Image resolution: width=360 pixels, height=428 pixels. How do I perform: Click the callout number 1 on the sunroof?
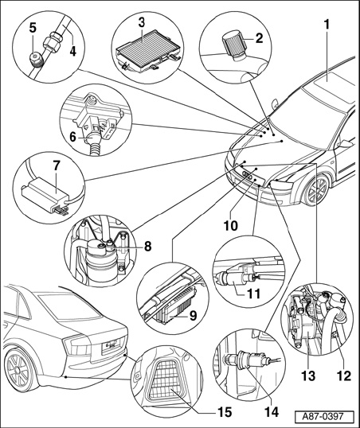(x=327, y=25)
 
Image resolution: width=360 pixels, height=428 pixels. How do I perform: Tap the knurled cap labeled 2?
(x=233, y=45)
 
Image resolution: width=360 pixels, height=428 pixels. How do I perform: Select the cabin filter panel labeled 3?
(x=148, y=49)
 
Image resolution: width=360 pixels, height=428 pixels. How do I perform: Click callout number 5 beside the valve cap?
(x=33, y=29)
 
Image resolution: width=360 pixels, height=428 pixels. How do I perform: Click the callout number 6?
(x=72, y=137)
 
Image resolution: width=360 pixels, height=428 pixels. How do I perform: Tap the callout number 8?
(x=147, y=246)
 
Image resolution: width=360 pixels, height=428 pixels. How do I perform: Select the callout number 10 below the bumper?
(x=230, y=225)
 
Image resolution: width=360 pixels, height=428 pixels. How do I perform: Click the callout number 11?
(x=253, y=294)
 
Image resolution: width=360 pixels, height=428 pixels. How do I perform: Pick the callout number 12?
(x=343, y=375)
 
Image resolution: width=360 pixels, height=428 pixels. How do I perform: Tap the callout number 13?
(x=308, y=375)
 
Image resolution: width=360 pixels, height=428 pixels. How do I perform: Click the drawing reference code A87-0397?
(x=324, y=417)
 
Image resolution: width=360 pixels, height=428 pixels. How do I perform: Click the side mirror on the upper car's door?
(x=346, y=143)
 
